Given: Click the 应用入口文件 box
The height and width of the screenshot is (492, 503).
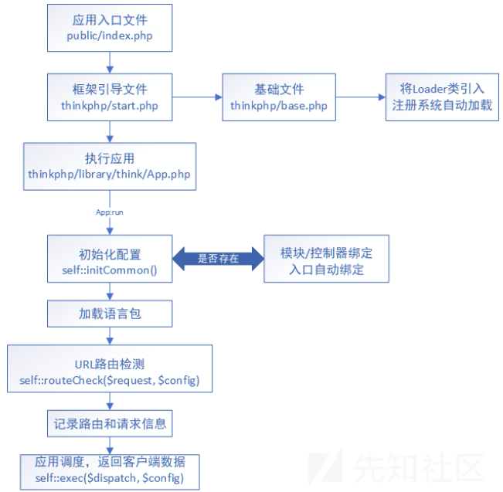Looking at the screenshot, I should pos(109,28).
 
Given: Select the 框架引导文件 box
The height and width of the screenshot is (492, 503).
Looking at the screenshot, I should pos(109,97).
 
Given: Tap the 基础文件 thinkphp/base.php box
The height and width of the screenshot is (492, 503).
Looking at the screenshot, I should pos(278,97).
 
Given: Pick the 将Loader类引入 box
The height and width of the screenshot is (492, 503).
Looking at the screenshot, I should pos(442,97).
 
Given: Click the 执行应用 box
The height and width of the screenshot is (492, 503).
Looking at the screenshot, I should pos(109,165).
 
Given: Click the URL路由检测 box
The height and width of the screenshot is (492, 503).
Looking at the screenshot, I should pos(109,368).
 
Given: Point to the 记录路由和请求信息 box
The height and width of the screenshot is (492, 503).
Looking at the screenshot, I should pos(109,422).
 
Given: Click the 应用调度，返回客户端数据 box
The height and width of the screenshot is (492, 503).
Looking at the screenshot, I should pos(109,469).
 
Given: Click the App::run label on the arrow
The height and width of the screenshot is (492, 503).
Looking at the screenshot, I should pos(109,211).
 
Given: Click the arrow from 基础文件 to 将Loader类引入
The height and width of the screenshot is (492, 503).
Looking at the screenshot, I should pos(359,97).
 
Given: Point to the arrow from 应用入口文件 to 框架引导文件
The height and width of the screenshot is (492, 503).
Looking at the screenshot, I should pos(109,61).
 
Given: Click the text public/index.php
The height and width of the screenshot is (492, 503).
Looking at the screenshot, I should pos(109,36).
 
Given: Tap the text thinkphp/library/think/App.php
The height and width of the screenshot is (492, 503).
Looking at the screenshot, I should pos(109,174).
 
